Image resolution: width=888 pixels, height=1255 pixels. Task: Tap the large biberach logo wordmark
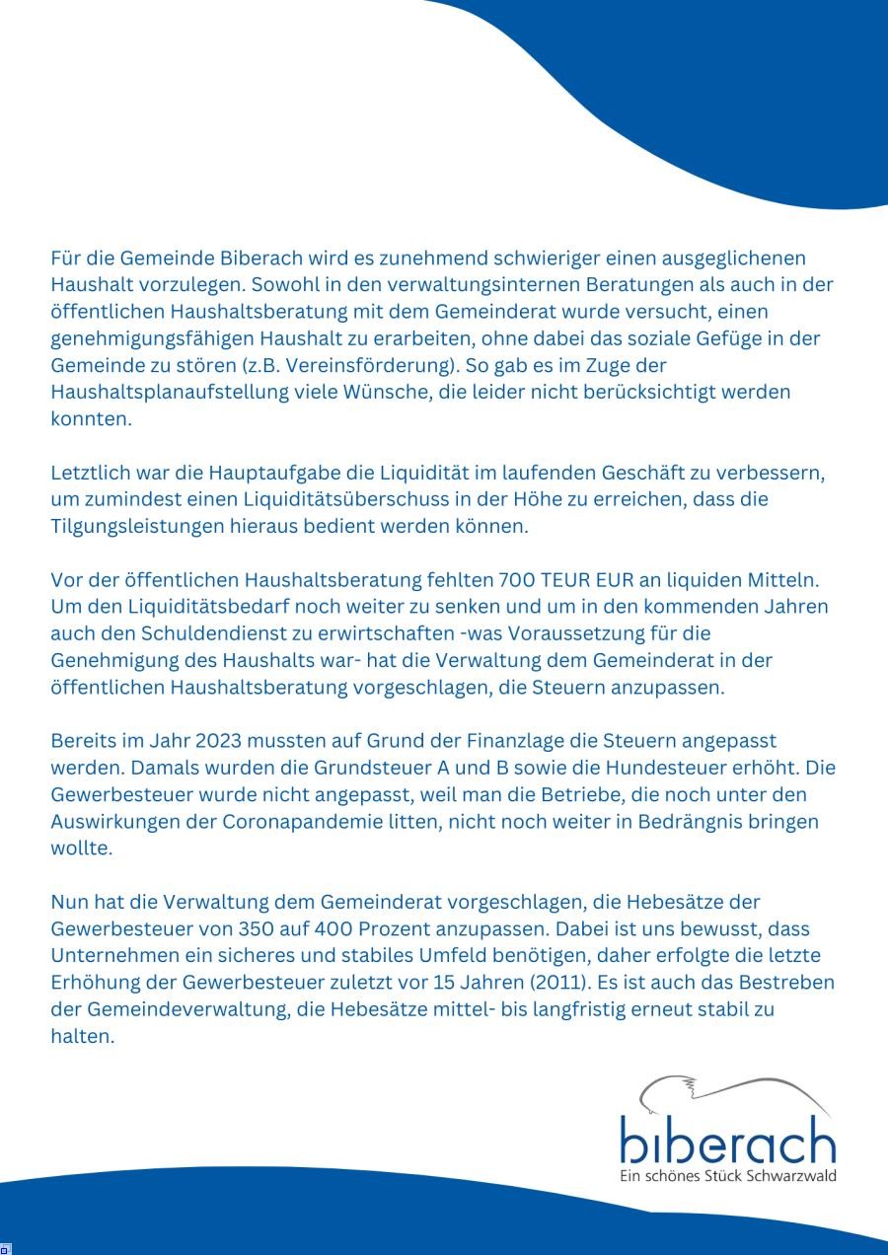point(727,1141)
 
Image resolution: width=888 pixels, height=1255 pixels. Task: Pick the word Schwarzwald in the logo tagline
point(792,1176)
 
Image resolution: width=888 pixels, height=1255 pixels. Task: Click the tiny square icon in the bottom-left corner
point(5,1248)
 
